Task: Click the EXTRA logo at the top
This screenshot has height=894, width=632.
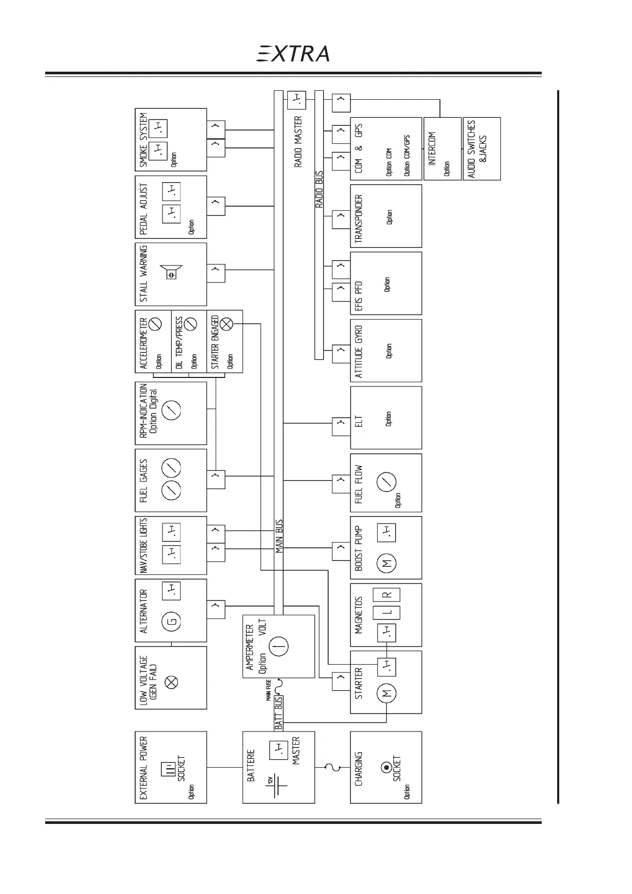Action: point(293,54)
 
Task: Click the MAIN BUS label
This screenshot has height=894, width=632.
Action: point(279,537)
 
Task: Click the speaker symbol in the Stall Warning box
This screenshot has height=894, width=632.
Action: point(172,273)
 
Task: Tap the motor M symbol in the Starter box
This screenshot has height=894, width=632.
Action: point(386,692)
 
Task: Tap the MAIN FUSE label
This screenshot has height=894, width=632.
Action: point(269,690)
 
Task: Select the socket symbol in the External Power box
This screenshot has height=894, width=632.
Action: point(168,770)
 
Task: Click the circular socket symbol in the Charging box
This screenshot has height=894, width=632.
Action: point(386,768)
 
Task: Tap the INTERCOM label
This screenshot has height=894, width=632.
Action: point(432,149)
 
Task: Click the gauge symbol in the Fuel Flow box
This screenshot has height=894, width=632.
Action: point(386,482)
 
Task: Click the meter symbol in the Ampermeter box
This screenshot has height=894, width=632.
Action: point(279,647)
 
